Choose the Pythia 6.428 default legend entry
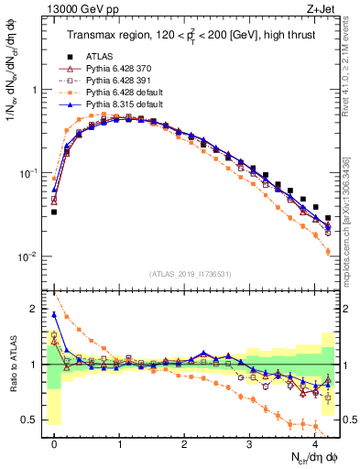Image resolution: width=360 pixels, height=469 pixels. coord(121,92)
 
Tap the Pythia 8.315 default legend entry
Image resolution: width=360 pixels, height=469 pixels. coord(121,104)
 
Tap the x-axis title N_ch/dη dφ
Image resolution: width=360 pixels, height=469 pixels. coord(307,457)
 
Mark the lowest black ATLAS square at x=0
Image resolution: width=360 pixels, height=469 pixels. coord(55,212)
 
